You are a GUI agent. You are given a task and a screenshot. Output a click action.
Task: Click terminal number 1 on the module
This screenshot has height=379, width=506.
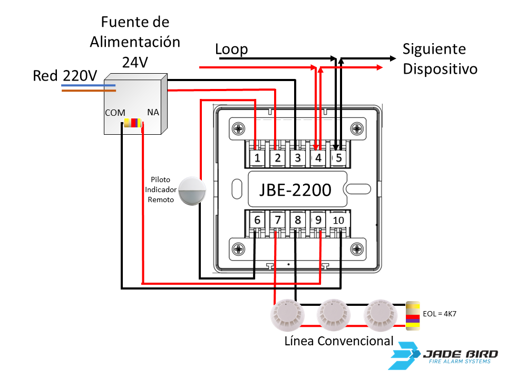(257, 157)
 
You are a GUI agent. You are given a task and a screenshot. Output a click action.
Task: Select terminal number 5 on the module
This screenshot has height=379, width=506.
(338, 157)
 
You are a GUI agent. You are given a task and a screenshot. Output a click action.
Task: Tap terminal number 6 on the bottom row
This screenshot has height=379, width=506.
(257, 220)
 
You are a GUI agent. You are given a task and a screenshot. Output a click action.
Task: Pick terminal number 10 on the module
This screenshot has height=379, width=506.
(338, 220)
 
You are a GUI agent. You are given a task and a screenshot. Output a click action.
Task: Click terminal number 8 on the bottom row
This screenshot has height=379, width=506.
(298, 220)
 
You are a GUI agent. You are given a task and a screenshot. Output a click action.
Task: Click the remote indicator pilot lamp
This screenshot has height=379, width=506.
(191, 191)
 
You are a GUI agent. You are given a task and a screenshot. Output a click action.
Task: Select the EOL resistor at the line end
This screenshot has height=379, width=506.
(412, 315)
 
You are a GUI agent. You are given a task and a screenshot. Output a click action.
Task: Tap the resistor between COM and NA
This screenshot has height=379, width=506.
(132, 123)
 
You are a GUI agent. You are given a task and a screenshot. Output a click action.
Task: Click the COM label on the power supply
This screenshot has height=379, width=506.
(115, 113)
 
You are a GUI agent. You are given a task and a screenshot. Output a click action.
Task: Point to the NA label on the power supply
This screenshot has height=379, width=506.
(153, 112)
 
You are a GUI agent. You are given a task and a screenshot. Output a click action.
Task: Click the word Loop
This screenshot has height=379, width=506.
(231, 49)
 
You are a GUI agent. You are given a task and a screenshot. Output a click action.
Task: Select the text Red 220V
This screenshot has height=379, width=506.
(65, 76)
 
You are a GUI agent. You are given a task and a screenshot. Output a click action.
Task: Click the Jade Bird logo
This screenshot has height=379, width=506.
(445, 355)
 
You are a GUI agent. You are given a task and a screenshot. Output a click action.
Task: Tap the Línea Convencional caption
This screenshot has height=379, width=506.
(338, 341)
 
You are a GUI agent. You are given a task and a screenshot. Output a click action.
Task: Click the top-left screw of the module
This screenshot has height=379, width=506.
(239, 128)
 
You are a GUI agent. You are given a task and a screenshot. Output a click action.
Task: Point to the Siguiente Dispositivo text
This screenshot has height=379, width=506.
(440, 59)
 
